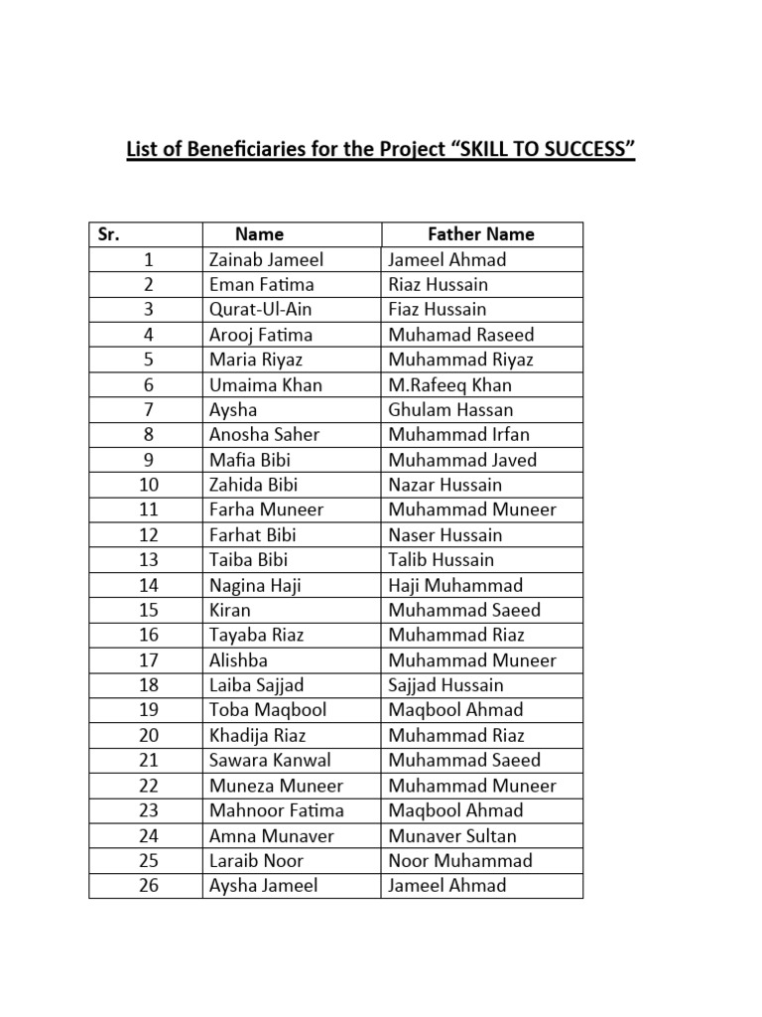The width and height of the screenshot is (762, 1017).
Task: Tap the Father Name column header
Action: (481, 234)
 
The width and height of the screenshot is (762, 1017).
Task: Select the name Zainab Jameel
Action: (266, 260)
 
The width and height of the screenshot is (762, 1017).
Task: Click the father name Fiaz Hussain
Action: (438, 310)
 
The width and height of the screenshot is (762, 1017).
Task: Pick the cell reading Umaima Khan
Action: (266, 385)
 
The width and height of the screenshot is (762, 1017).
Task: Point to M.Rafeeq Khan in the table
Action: (449, 385)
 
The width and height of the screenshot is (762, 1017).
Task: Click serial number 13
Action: (148, 560)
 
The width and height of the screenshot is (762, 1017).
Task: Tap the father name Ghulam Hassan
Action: (450, 410)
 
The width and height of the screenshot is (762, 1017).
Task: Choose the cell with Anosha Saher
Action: (264, 435)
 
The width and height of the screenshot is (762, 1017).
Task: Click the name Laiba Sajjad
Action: (256, 685)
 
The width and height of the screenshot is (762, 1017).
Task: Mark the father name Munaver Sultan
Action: (452, 836)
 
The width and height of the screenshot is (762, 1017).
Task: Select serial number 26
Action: (148, 886)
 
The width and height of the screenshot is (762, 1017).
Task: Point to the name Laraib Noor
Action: (256, 861)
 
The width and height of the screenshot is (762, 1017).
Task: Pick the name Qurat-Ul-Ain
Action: (260, 310)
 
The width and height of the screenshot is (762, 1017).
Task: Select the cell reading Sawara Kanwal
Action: (270, 761)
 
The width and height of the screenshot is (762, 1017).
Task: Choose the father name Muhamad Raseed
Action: (460, 335)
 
